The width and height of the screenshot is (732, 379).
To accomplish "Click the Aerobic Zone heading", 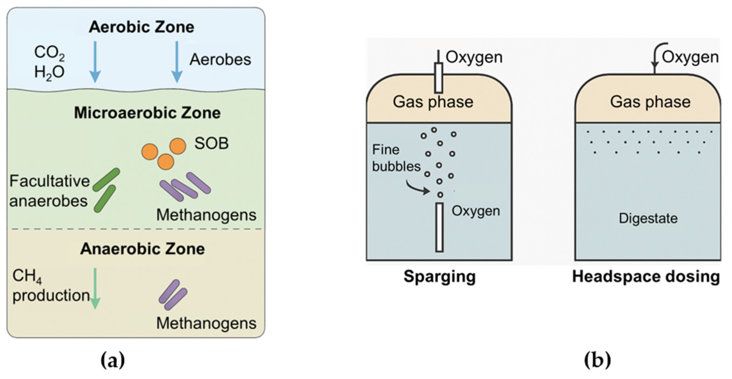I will [141, 27].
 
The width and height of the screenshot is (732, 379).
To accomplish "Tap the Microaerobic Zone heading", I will [147, 113].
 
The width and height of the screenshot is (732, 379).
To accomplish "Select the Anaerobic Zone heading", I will [142, 249].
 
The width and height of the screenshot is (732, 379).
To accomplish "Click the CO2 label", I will [49, 53].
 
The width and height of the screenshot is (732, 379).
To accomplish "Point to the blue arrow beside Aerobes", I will [177, 61].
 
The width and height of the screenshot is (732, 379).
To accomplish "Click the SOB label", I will [211, 143].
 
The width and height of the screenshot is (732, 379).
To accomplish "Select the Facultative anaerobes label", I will [49, 191].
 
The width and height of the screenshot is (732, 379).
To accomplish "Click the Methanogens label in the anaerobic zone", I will [206, 323].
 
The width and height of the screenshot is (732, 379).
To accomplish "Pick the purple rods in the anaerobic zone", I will [173, 295].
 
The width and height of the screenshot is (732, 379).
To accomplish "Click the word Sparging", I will [439, 276].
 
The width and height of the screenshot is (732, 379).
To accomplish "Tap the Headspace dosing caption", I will [646, 276].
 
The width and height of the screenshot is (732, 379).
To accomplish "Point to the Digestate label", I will [648, 218].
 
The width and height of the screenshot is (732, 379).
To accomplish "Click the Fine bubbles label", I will [396, 158].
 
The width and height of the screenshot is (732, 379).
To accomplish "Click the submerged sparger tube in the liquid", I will [439, 228].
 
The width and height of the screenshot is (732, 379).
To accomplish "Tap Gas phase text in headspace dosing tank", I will [650, 102].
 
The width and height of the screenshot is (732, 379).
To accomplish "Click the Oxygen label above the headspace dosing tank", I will [690, 57].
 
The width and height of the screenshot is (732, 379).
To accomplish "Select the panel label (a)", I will [113, 360].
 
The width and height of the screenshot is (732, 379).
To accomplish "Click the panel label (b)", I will [597, 360].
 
